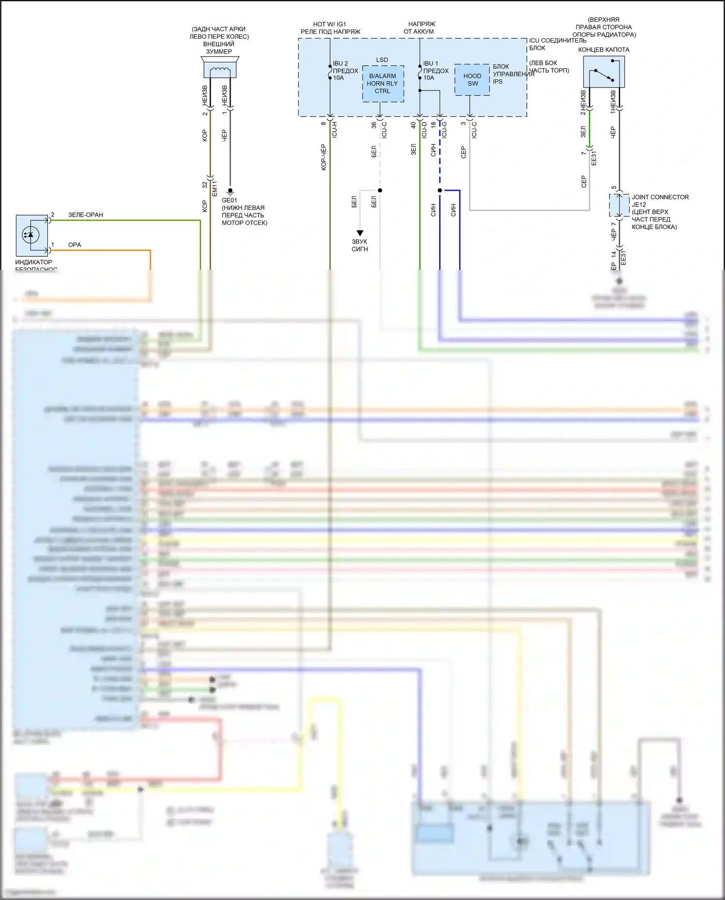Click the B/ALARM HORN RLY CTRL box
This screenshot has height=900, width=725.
[x=383, y=84]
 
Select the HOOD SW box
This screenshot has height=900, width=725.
[x=472, y=80]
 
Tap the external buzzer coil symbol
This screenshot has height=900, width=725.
[x=220, y=71]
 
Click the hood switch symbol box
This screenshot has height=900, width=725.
[x=604, y=72]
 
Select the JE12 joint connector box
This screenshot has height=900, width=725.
[x=619, y=205]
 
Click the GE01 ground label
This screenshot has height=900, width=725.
[x=229, y=200]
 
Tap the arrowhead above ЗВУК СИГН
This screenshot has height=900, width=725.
[x=360, y=233]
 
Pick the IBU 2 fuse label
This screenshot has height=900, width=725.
[x=340, y=63]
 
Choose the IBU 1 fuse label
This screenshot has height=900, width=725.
[x=431, y=63]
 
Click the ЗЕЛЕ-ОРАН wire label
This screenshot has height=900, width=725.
[x=86, y=215]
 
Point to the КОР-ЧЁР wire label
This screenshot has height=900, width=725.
[x=323, y=157]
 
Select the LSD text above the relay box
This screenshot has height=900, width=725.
[x=382, y=60]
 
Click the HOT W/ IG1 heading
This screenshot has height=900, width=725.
[x=330, y=24]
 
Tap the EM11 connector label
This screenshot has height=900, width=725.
[x=215, y=188]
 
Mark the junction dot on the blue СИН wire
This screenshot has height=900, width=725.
[x=440, y=190]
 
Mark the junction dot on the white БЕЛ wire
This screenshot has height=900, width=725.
[x=380, y=190]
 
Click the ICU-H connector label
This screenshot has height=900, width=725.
[x=334, y=130]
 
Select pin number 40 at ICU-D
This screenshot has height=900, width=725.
[x=413, y=125]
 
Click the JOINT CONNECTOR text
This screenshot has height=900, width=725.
[x=660, y=197]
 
